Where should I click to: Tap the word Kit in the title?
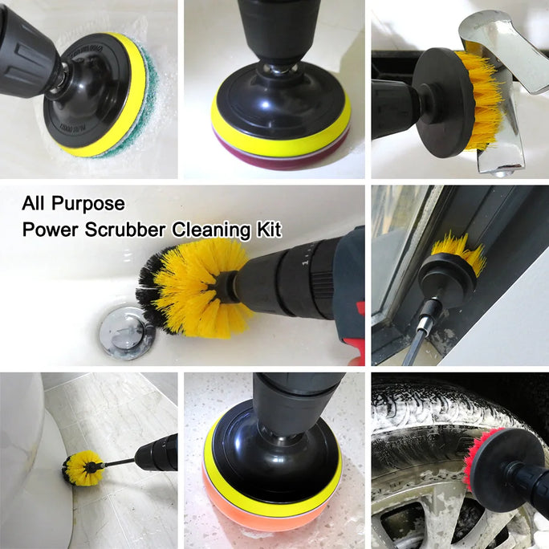[x=267, y=230]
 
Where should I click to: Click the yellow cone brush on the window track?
[x=458, y=254]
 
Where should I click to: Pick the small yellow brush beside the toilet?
[x=83, y=468]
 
